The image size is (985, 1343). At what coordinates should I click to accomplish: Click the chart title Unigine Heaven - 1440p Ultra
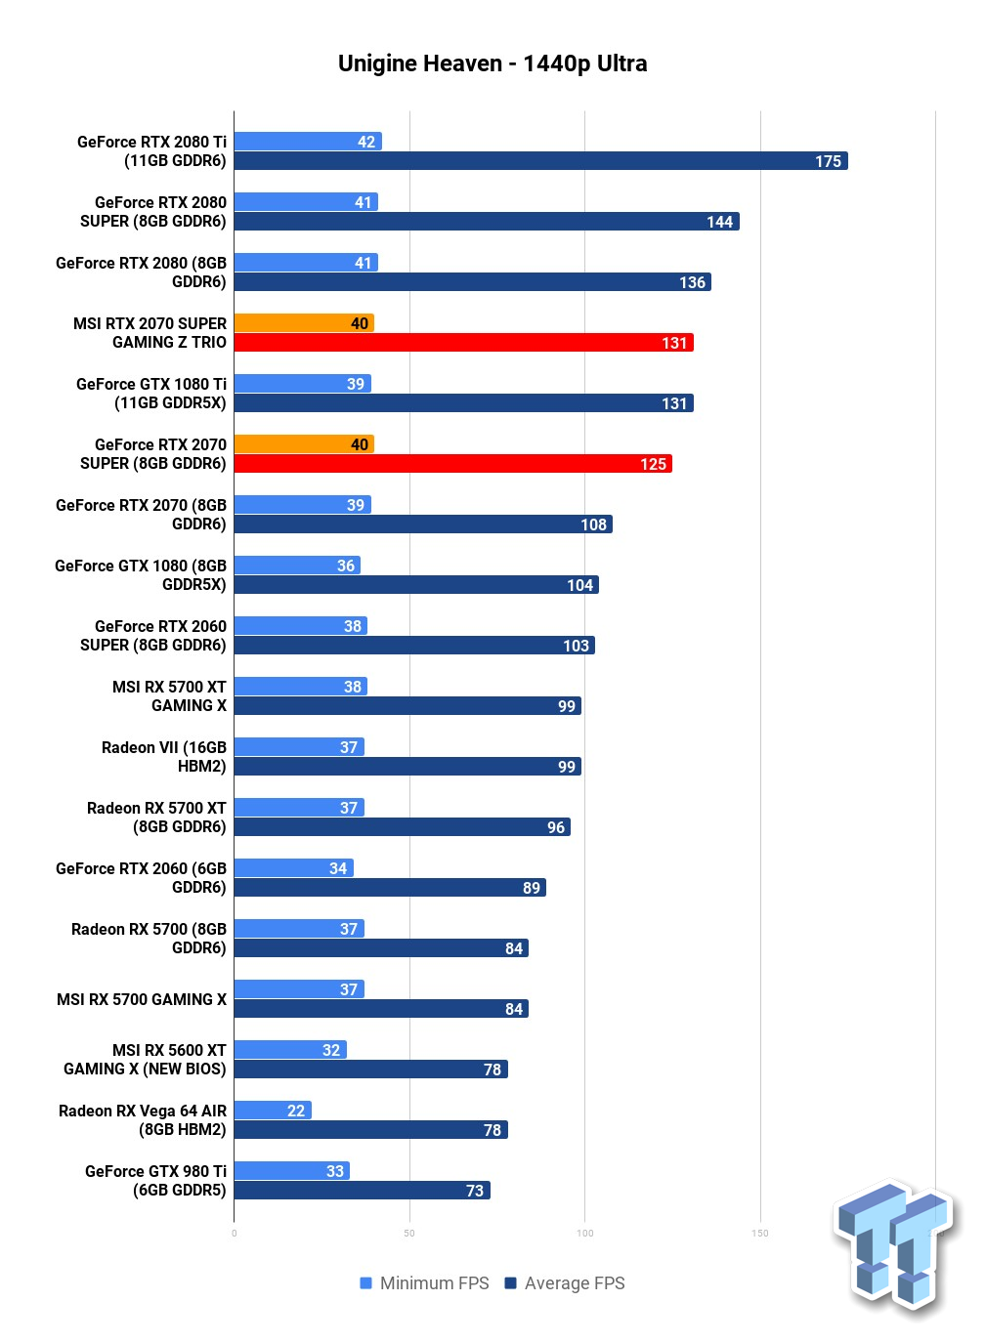pos(492,63)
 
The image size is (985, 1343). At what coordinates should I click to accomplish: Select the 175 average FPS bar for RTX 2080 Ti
pos(540,161)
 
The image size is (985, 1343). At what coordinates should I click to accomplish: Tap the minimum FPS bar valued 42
pos(308,142)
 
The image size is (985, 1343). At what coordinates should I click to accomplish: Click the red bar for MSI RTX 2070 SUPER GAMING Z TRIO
pos(464,343)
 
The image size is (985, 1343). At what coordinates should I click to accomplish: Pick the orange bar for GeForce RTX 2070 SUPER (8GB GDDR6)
pos(304,444)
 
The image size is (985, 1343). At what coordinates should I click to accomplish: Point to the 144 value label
pos(719,222)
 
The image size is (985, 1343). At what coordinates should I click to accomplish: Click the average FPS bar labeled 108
pos(423,524)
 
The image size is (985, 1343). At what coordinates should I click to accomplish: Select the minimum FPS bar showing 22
pos(273,1111)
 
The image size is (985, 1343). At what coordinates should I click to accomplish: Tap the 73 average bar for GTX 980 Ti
pos(362,1190)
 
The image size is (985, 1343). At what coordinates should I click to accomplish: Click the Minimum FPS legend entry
pos(424,1283)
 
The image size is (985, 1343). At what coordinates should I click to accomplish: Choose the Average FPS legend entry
pos(565,1283)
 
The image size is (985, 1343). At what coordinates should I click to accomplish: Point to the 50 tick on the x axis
pos(409,1234)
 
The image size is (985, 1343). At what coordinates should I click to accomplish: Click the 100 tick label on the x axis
pos(585,1234)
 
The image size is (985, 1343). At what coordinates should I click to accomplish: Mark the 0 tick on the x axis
pos(234,1234)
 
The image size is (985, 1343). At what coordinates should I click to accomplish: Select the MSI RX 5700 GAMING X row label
pos(142,999)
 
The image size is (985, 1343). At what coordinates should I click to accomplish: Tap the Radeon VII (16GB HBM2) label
pos(164,757)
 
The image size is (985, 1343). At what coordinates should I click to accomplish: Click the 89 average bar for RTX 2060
pos(390,887)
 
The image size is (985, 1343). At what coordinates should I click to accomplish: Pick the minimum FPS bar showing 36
pos(297,566)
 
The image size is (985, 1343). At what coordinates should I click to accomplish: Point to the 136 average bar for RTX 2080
pos(473,282)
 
